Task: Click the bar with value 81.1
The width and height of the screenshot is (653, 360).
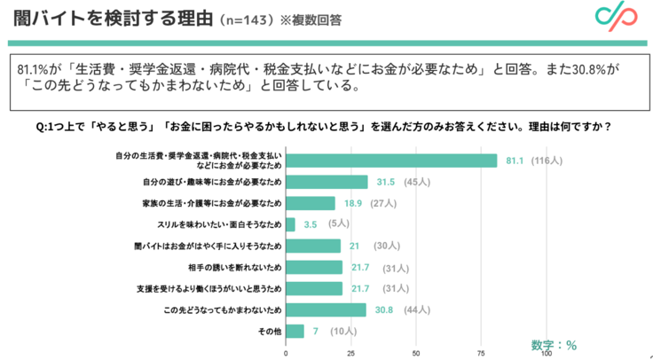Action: (x=391, y=160)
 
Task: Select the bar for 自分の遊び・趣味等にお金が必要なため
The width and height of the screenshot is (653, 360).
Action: (x=326, y=182)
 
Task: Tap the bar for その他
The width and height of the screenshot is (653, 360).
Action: (x=295, y=331)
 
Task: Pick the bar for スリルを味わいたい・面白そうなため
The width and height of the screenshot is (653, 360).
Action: (x=290, y=224)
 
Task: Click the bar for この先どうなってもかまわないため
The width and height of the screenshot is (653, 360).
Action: (x=326, y=309)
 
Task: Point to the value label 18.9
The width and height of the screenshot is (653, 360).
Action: (x=351, y=203)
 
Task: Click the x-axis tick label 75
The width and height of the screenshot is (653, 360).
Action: (x=482, y=352)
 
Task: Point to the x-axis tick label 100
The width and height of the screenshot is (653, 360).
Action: (x=547, y=352)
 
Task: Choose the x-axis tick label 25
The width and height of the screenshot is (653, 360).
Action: (x=351, y=352)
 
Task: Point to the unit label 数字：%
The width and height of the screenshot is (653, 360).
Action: (x=555, y=344)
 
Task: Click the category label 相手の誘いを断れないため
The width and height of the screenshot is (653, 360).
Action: (x=237, y=267)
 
